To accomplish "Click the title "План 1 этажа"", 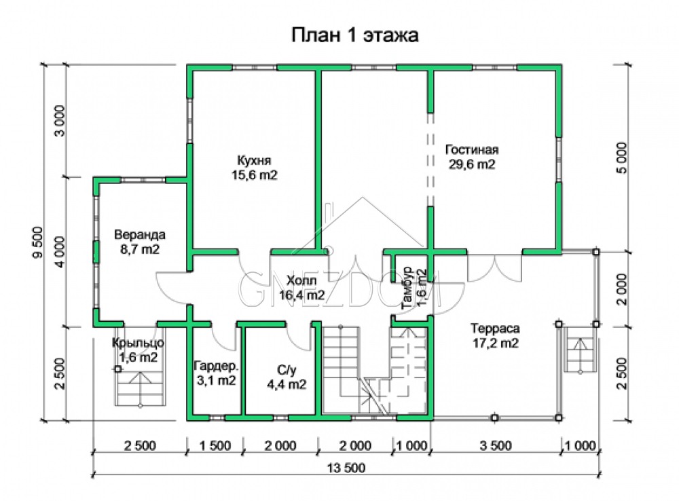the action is (354, 35).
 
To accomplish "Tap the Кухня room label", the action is (254, 161).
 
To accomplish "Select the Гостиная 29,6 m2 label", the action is (472, 157).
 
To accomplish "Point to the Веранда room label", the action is (139, 235).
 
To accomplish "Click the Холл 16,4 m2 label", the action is (302, 288).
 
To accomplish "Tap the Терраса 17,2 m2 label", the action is (496, 335).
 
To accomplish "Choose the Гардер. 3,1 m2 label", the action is (216, 373).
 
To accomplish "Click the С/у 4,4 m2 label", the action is (287, 377).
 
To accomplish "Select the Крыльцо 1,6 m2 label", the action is (138, 350).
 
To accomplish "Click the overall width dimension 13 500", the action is (346, 468).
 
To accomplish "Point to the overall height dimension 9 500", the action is (39, 242).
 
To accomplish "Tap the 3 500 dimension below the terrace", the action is (496, 445).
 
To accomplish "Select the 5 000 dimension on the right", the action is (621, 157).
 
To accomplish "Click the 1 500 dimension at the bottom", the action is (215, 445).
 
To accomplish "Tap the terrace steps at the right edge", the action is (579, 349).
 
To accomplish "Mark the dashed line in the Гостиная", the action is (430, 160).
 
